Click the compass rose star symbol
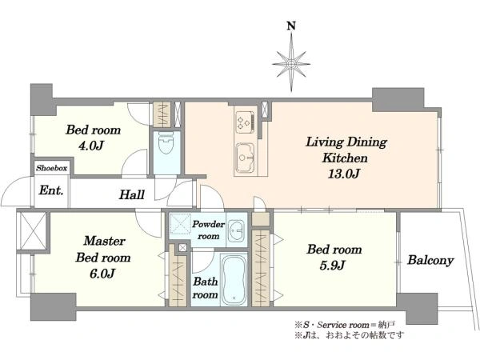tap(291, 63)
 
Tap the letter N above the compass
tap(291, 26)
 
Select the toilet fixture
tap(166, 145)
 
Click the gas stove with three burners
tap(246, 122)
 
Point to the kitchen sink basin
tap(245, 157)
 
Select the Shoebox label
tap(51, 168)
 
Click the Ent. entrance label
tap(51, 190)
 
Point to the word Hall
tap(132, 194)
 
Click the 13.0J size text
tap(343, 174)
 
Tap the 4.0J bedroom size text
tap(90, 146)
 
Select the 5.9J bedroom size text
tap(333, 265)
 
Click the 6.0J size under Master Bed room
tap(102, 274)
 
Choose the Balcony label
tap(430, 261)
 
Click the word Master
tap(104, 241)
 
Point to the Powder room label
tap(208, 230)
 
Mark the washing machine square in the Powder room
tap(180, 224)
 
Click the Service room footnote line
tap(345, 325)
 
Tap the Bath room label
tap(206, 288)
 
